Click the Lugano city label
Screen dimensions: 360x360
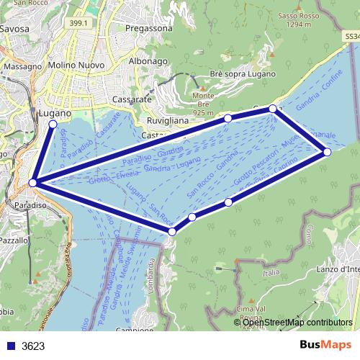(55, 114)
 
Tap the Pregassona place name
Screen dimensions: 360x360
(148, 27)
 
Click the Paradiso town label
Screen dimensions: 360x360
(30, 206)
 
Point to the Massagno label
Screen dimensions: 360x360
(23, 66)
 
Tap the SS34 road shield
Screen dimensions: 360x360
(351, 35)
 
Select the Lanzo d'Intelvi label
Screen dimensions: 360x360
(339, 269)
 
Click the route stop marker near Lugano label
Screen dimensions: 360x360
(53, 125)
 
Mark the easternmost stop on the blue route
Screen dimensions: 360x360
(327, 152)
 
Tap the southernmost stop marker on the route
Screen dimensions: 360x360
(172, 232)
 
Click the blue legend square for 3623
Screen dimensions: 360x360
(11, 346)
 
